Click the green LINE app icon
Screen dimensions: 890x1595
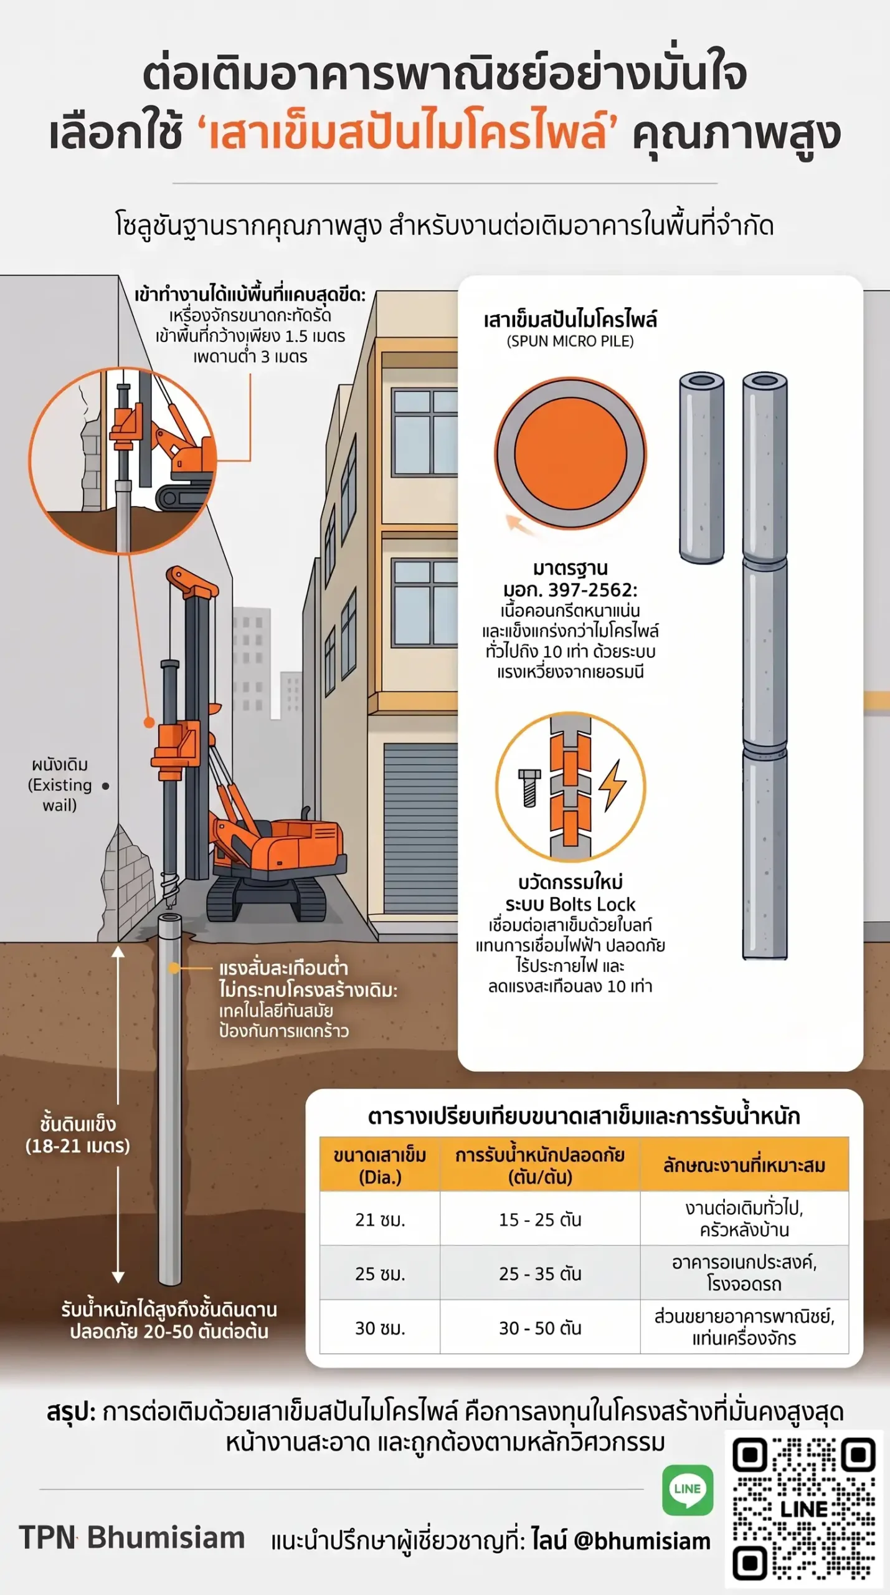(688, 1490)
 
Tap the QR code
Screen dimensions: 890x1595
(804, 1508)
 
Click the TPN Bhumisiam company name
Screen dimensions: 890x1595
(132, 1537)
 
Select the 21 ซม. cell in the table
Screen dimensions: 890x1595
(380, 1219)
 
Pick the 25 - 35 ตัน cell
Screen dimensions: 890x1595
(540, 1274)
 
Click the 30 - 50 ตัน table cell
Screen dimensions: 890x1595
(540, 1328)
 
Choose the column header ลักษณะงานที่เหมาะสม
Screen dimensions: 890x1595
(744, 1165)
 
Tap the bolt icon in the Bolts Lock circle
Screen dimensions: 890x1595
(529, 788)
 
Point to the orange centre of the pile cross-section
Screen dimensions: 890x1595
(570, 454)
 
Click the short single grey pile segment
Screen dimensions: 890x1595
(701, 467)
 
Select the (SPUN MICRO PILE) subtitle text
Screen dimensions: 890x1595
(570, 341)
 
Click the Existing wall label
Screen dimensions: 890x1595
(60, 784)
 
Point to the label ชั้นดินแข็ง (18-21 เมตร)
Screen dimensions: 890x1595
(78, 1135)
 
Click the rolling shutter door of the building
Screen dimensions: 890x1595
(420, 828)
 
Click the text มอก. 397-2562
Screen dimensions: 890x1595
(570, 589)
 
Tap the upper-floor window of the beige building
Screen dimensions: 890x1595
(425, 432)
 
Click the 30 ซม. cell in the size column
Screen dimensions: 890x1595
(380, 1328)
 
